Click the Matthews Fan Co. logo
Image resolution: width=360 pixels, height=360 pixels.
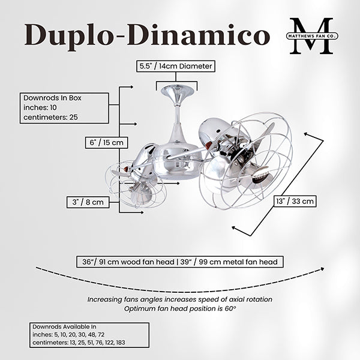(312, 36)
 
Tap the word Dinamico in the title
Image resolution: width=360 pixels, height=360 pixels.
(199, 34)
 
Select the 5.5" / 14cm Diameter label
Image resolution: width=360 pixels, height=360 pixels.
(176, 66)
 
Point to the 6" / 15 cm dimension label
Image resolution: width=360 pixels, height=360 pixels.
(106, 143)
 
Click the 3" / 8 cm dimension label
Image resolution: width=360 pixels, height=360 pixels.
(88, 202)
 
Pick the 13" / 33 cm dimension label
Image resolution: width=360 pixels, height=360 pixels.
(295, 202)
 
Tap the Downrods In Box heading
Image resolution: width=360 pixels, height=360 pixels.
(52, 98)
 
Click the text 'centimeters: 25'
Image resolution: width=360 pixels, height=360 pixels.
(50, 118)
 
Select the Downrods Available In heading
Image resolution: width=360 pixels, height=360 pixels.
(64, 326)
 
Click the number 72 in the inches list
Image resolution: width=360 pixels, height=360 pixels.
(101, 335)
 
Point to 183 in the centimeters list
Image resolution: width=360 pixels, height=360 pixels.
(121, 343)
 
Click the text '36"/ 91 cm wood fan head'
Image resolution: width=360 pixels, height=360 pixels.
(128, 262)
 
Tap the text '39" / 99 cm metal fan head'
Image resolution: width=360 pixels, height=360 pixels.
(229, 262)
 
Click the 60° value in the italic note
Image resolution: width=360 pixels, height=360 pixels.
(230, 308)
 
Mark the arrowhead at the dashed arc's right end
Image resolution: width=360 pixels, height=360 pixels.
(322, 269)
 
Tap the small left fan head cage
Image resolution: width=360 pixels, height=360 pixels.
(134, 184)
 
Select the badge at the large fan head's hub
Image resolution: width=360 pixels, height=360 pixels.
(261, 176)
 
